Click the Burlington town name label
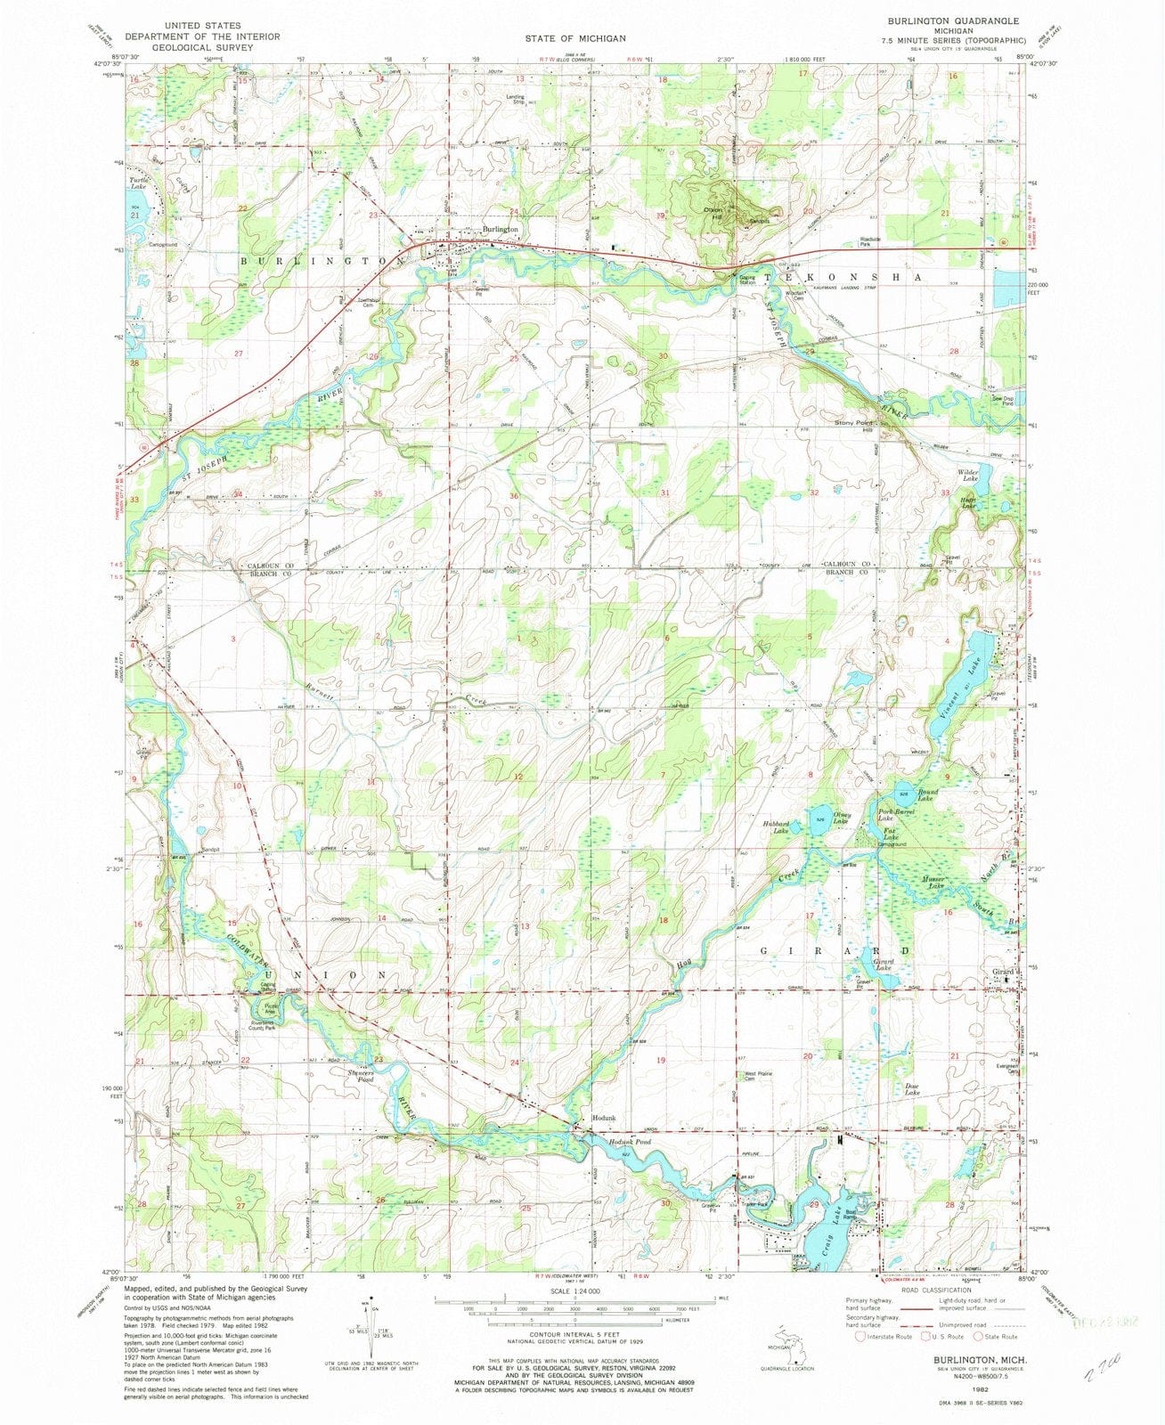pos(500,230)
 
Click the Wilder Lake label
pos(968,475)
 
